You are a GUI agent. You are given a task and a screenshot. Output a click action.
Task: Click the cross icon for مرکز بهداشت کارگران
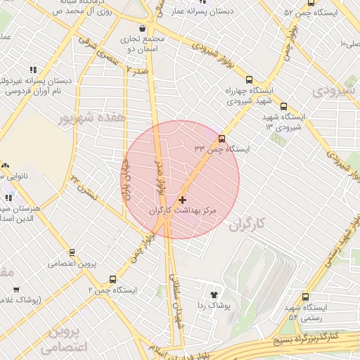[x=184, y=200]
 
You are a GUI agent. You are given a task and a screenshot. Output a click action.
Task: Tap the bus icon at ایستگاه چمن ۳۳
[x=222, y=139]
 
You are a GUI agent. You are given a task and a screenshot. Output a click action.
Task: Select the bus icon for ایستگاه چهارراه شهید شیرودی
[x=249, y=80]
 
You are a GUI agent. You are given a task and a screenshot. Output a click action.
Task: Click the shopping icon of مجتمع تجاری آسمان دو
[x=143, y=29]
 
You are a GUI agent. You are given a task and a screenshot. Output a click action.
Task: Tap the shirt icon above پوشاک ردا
[x=214, y=295]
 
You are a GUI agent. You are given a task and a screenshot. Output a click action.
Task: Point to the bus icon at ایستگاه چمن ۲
[x=112, y=279]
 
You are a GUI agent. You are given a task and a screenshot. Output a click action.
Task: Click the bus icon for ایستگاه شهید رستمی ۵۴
[x=304, y=297]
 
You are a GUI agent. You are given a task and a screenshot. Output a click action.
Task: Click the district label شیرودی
[x=330, y=91]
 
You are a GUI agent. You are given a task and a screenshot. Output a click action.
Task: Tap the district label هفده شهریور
[x=91, y=117]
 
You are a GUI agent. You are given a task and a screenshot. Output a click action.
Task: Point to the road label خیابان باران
[x=129, y=182]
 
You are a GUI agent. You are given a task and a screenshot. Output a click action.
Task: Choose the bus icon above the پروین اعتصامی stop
[x=72, y=252]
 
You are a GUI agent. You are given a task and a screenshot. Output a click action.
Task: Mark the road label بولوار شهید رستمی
[x=338, y=239]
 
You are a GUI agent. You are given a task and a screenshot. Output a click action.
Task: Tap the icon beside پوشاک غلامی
[x=16, y=289]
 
